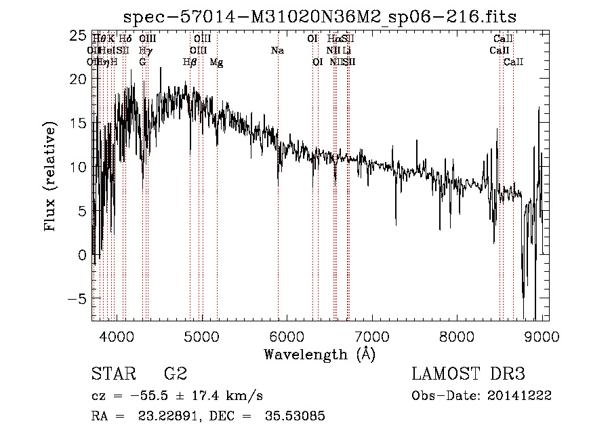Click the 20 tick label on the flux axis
79,79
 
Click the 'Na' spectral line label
277,51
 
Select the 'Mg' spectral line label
216,62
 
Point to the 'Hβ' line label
190,62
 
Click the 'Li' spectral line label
346,51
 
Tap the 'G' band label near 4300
142,62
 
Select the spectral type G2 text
176,374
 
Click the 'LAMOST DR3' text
468,374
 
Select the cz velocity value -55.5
148,396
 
